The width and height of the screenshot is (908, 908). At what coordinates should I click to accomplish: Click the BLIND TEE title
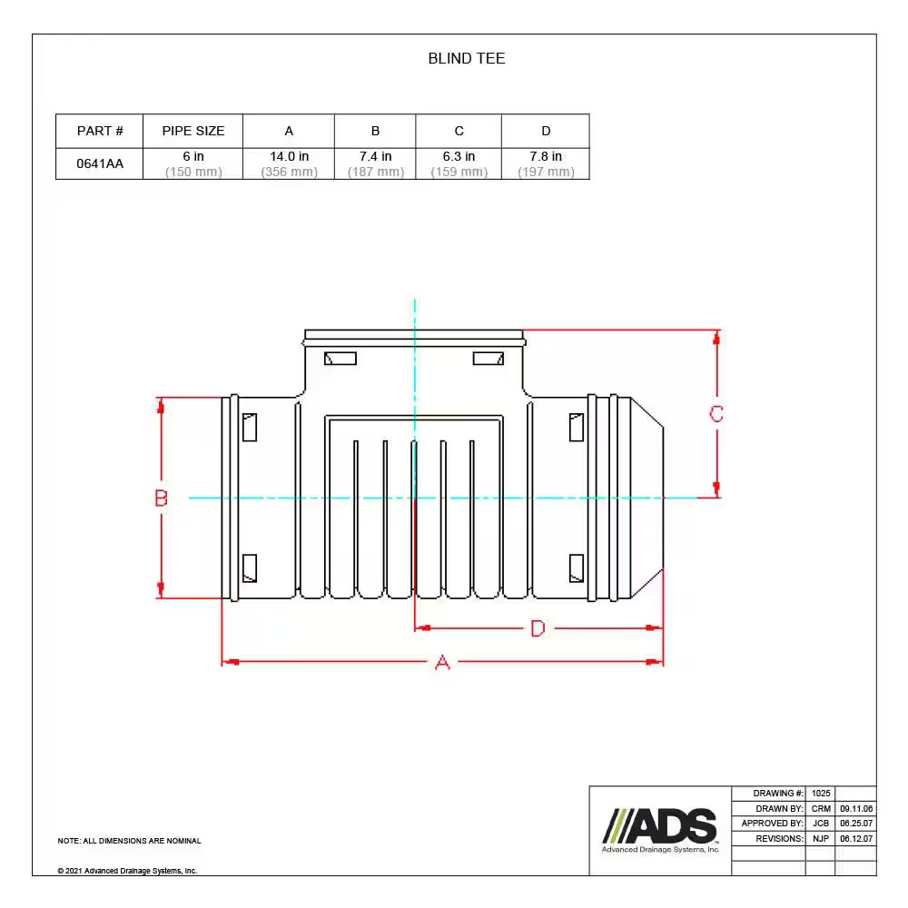466,58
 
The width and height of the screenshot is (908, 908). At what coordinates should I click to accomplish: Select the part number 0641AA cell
100,163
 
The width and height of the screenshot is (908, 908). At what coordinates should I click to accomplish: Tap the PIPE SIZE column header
193,131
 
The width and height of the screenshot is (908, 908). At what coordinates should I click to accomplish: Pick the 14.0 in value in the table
289,156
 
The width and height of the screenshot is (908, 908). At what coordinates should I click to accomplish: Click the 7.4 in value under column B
375,156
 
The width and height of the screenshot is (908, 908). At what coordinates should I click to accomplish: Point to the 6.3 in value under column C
459,156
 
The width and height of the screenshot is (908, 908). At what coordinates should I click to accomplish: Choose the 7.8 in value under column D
546,156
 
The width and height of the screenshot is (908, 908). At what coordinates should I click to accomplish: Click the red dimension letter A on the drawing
442,662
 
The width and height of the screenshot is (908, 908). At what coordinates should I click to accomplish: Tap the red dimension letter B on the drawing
161,498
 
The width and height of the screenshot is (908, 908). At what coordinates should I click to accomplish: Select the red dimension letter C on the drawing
716,413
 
